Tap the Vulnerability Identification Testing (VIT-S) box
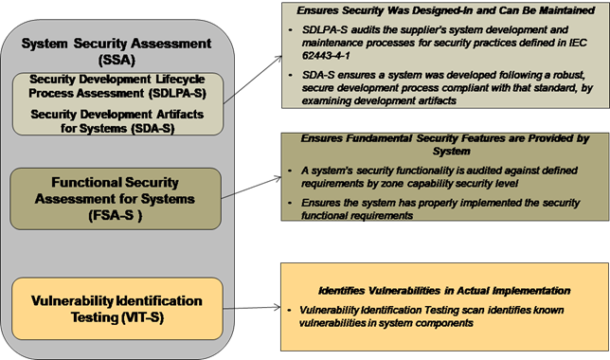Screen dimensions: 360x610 117,308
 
